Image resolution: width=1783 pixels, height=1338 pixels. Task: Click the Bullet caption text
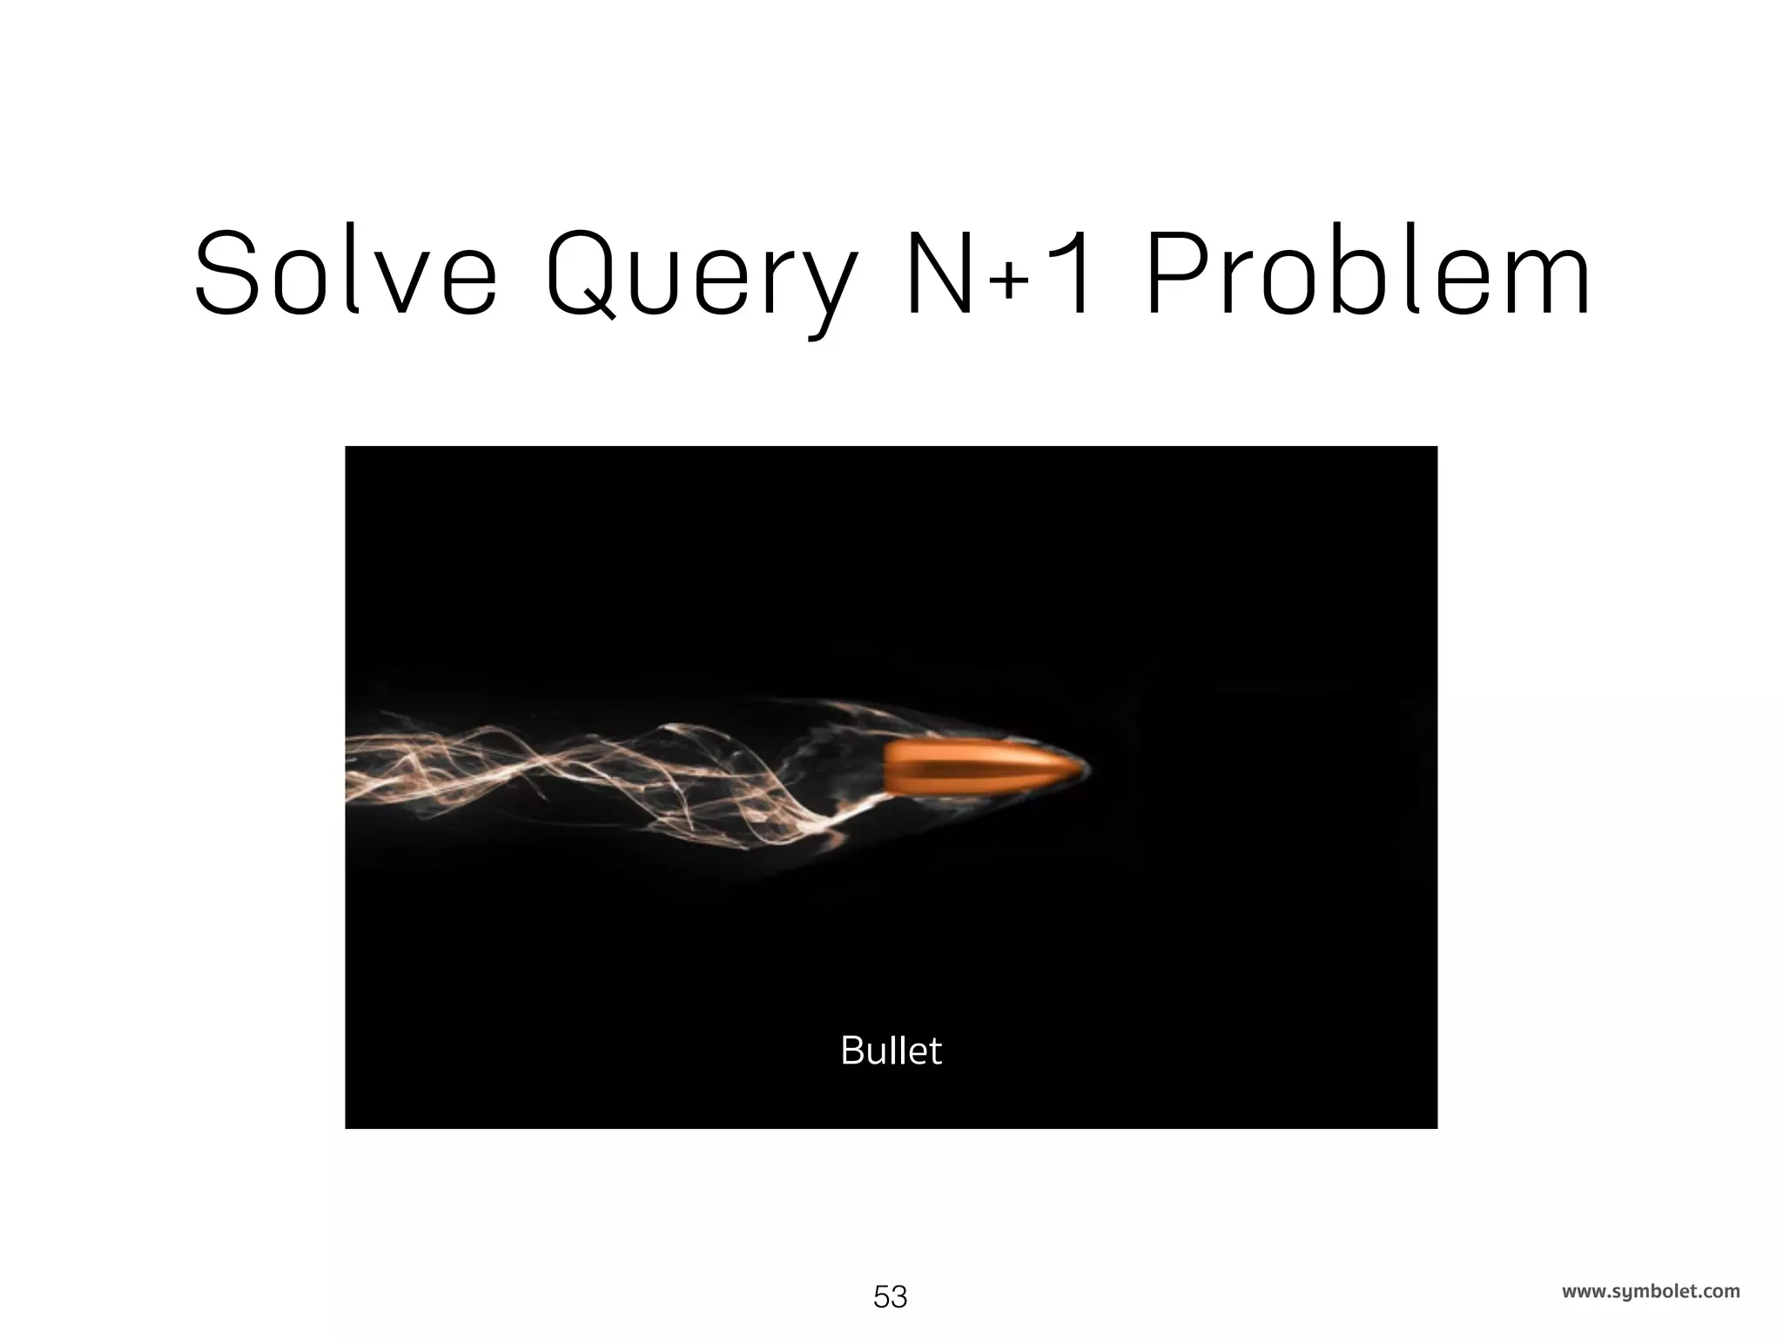[x=891, y=1051]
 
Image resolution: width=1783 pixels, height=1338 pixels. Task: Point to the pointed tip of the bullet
[x=1086, y=768]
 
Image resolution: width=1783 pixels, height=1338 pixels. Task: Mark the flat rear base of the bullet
[x=887, y=769]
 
